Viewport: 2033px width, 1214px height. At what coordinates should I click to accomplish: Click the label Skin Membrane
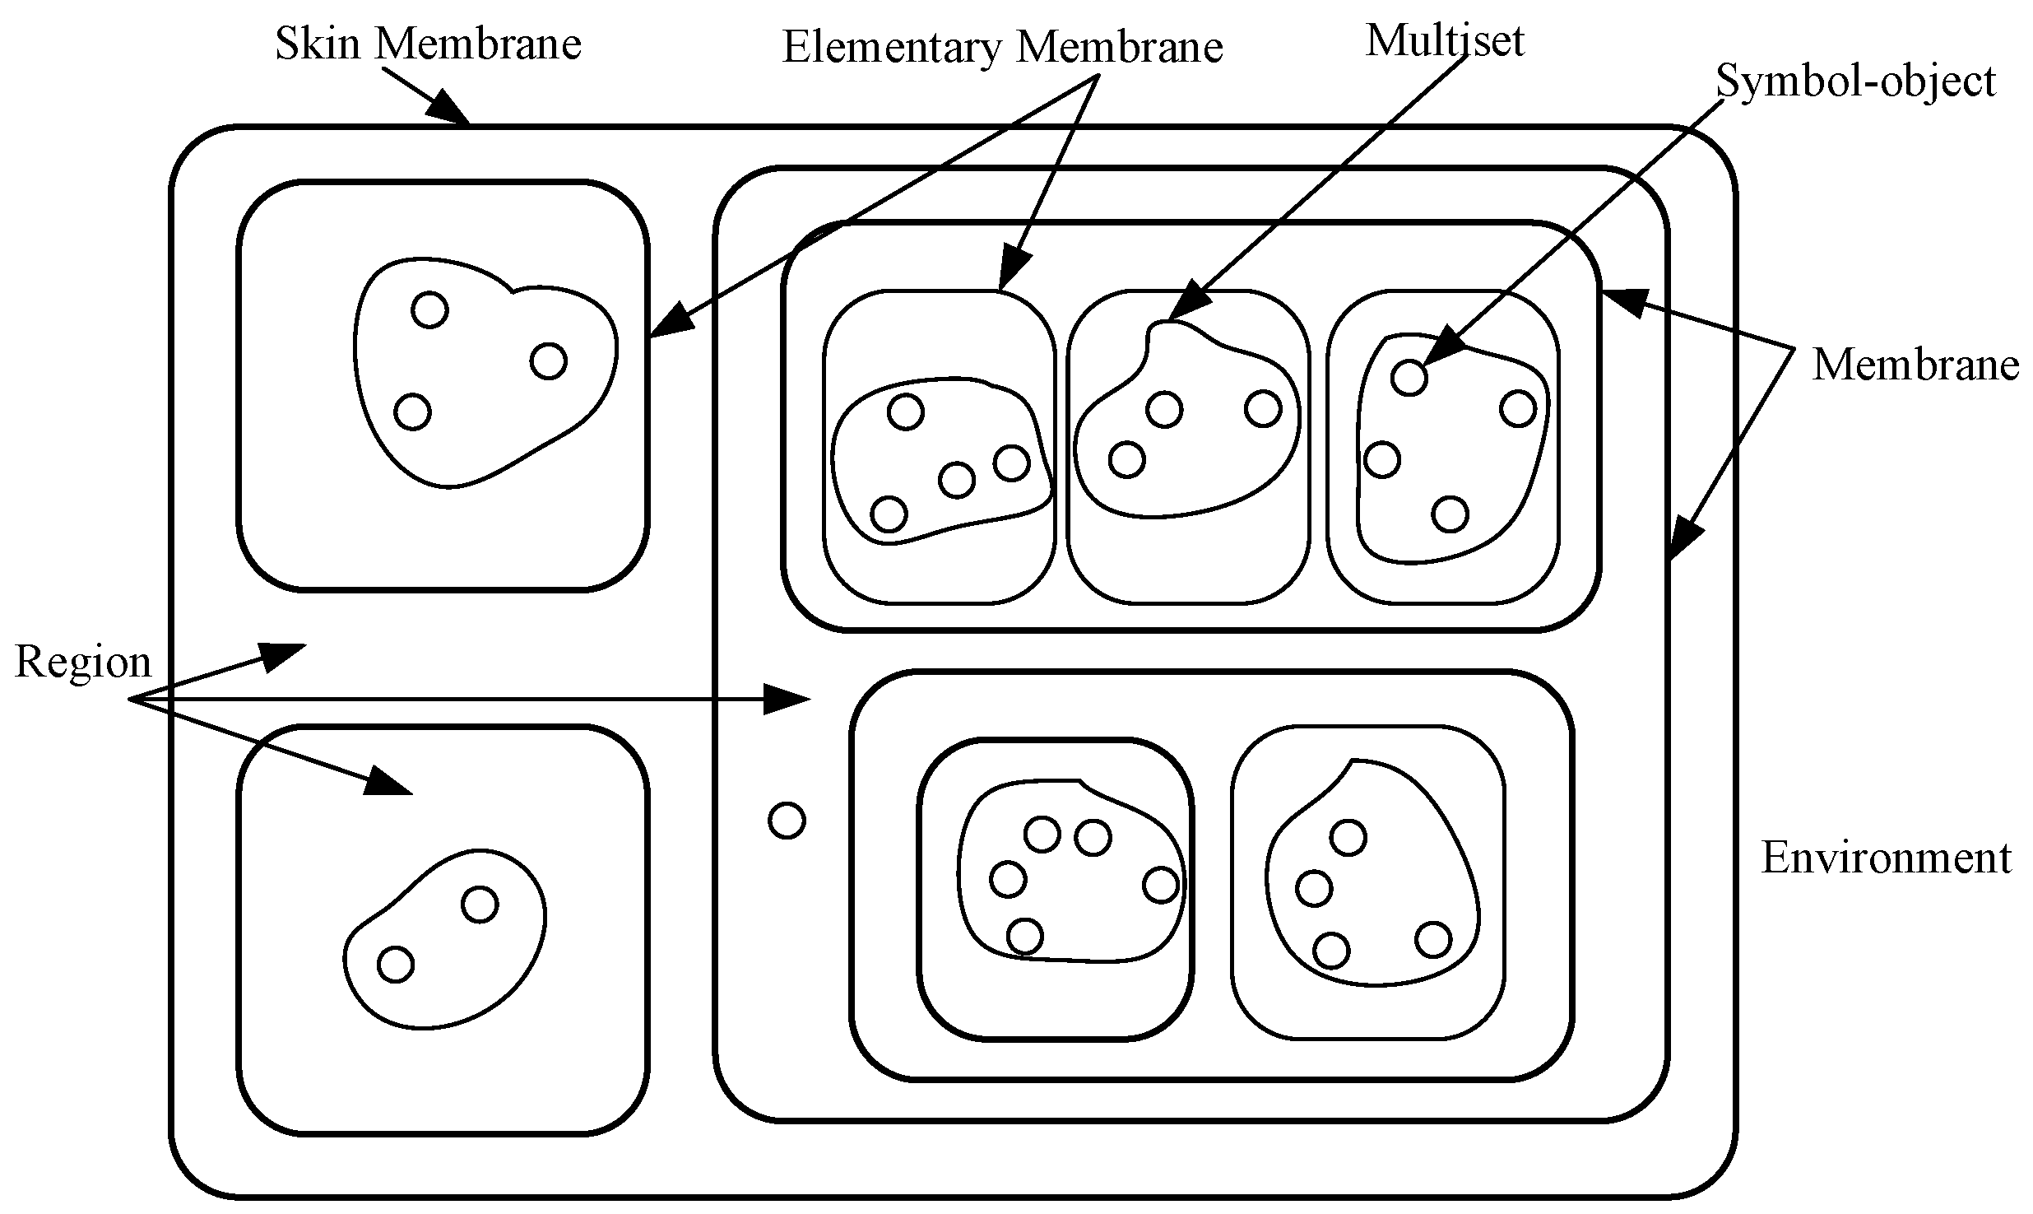pyautogui.click(x=428, y=43)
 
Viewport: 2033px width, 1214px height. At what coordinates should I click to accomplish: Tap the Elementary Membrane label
pyautogui.click(x=1002, y=47)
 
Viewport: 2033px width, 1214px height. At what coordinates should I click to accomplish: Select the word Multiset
pyautogui.click(x=1445, y=40)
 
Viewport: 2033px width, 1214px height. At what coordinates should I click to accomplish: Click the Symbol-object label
pyautogui.click(x=1855, y=81)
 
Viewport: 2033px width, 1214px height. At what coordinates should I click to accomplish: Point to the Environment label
pyautogui.click(x=1885, y=858)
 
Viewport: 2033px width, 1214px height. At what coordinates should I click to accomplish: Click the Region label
pyautogui.click(x=83, y=663)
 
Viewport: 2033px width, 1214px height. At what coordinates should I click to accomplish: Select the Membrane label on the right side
pyautogui.click(x=1915, y=365)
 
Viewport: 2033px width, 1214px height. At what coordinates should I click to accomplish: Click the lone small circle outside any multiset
pyautogui.click(x=787, y=821)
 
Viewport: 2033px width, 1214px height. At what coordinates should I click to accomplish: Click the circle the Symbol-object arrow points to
pyautogui.click(x=1409, y=378)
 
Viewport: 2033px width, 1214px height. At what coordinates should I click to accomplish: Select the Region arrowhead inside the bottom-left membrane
pyautogui.click(x=387, y=782)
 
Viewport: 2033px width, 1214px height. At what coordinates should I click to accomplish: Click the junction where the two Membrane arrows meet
pyautogui.click(x=1792, y=350)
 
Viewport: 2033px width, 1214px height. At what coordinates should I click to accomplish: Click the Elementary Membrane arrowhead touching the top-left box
pyautogui.click(x=671, y=321)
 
